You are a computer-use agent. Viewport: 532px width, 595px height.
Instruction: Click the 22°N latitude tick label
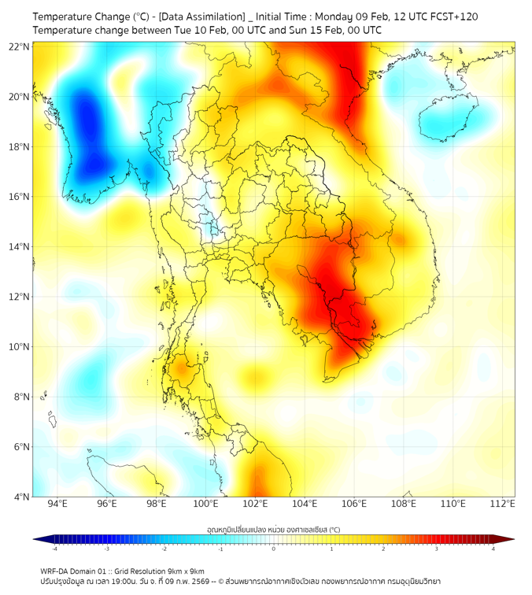[x=20, y=46]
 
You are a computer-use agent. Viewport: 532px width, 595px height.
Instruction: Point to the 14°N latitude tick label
[x=20, y=246]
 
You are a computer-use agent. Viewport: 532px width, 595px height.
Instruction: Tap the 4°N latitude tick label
[x=22, y=496]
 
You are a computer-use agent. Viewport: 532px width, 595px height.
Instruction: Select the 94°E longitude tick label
[x=57, y=504]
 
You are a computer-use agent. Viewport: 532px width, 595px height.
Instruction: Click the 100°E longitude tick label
[x=205, y=504]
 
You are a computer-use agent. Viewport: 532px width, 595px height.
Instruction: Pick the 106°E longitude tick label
[x=354, y=504]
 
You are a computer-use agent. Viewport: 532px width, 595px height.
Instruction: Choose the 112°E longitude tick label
[x=503, y=504]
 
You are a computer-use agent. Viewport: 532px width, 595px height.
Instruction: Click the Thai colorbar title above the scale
[x=273, y=530]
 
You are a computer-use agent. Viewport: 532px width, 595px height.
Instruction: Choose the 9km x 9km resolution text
[x=187, y=571]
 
